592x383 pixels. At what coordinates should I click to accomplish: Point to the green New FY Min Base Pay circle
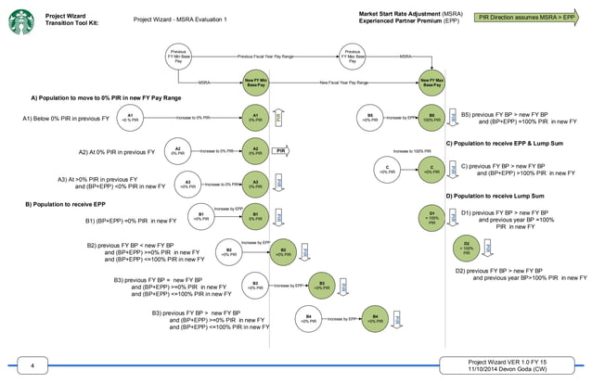coord(255,83)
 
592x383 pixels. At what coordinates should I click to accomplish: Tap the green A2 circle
coord(254,149)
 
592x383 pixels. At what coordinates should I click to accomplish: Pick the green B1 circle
coord(254,217)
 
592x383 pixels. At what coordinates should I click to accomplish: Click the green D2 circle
coord(466,249)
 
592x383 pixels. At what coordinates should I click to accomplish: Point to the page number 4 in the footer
coord(32,367)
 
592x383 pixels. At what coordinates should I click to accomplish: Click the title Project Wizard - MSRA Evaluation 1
coord(180,19)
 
